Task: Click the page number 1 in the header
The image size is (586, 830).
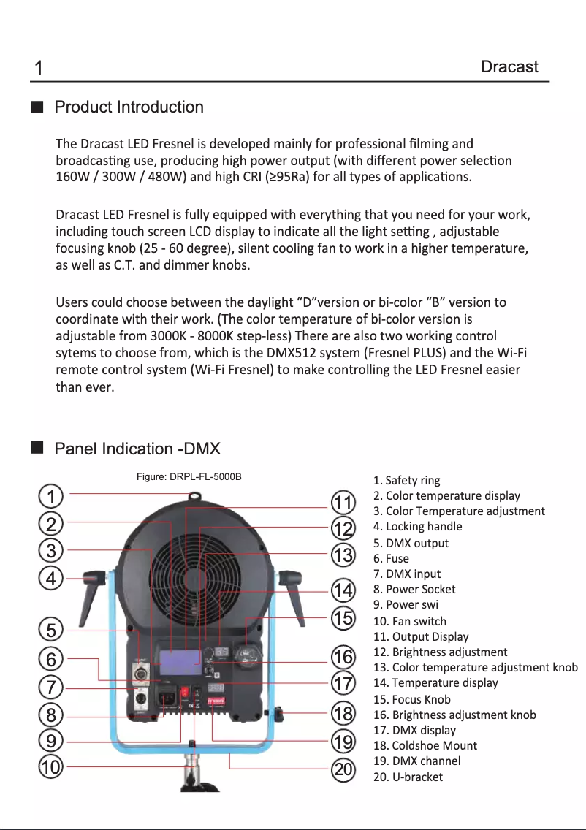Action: pyautogui.click(x=38, y=69)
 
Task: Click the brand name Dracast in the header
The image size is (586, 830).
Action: pyautogui.click(x=509, y=67)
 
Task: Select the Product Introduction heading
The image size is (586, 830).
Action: pyautogui.click(x=129, y=107)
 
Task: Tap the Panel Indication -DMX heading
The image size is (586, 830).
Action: pyautogui.click(x=137, y=449)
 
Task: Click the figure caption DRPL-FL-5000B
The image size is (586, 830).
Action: pyautogui.click(x=189, y=477)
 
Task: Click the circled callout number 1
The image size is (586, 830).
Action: pyautogui.click(x=50, y=497)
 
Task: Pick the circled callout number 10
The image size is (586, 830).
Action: pyautogui.click(x=50, y=767)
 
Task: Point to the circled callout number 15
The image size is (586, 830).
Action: pyautogui.click(x=343, y=618)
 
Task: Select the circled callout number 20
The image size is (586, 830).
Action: pyautogui.click(x=343, y=769)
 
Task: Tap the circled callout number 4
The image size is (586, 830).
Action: pyautogui.click(x=50, y=579)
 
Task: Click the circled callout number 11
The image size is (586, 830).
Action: pyautogui.click(x=343, y=503)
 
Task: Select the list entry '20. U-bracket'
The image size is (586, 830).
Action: pyautogui.click(x=408, y=777)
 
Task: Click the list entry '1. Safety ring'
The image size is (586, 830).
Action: pyautogui.click(x=406, y=480)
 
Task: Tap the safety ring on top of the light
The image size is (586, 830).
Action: pyautogui.click(x=194, y=495)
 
